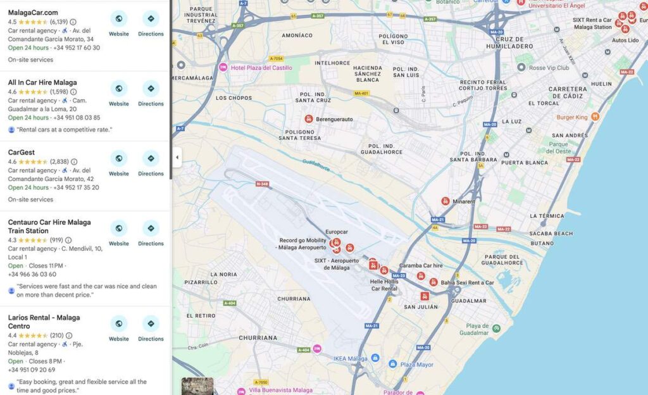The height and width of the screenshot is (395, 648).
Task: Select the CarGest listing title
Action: coord(22,153)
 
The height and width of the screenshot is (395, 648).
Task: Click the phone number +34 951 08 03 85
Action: coord(77,118)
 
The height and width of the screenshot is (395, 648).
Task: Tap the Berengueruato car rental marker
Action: coord(309,119)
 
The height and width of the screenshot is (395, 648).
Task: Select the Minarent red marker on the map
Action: coord(445,201)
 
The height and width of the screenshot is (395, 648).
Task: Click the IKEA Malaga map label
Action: coord(350,358)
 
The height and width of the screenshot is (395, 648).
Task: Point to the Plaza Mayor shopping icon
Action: coord(393,365)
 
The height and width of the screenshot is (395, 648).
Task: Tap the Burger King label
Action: coord(572,117)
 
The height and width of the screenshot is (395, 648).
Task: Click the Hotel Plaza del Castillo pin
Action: coord(223,68)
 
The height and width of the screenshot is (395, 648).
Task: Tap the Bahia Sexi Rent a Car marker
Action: coord(433,282)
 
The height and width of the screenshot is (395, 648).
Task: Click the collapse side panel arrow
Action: coord(177,158)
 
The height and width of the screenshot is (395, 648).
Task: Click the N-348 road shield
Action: coord(262,184)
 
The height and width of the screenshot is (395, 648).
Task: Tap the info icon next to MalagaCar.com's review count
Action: coord(73,22)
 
